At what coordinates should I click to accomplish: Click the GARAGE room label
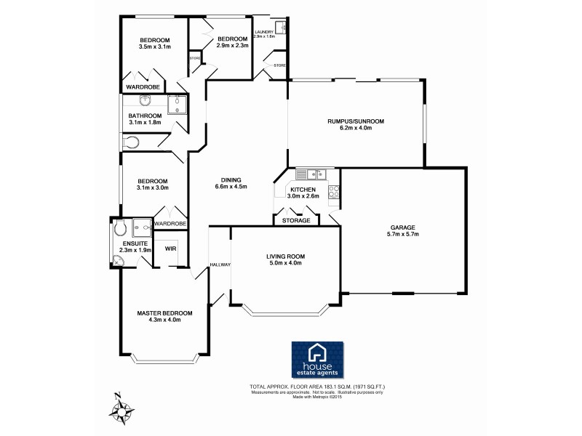tap(402, 226)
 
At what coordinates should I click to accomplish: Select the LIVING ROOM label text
tap(284, 257)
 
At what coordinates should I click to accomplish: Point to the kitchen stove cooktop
tap(334, 193)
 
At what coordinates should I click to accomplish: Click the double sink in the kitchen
tap(315, 174)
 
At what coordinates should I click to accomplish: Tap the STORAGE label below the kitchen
tap(296, 220)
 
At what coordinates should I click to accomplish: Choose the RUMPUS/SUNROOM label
tap(356, 121)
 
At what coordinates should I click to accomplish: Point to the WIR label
tap(170, 249)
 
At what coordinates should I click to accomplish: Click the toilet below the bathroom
tap(131, 144)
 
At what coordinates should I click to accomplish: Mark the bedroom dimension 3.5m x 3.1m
tap(154, 47)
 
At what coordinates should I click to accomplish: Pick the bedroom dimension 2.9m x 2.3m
tap(233, 45)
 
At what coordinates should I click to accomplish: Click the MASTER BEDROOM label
tap(164, 314)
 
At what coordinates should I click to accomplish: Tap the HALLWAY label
tap(220, 265)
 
